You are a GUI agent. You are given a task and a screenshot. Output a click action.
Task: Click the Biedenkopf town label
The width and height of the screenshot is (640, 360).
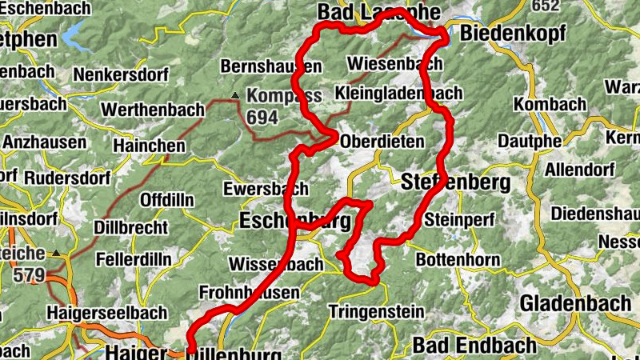click(513, 34)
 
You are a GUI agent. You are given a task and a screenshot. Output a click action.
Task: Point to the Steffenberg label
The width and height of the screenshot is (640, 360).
click(456, 182)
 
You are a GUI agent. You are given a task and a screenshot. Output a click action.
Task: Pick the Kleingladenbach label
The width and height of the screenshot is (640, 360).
click(398, 93)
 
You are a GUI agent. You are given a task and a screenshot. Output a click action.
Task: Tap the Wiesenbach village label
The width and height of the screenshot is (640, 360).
click(395, 63)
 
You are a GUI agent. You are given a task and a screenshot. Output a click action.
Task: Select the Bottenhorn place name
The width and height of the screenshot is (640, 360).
click(458, 260)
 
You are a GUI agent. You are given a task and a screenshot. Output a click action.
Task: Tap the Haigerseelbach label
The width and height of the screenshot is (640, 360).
click(107, 312)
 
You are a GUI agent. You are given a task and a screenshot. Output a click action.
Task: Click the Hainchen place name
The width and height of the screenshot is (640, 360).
click(149, 146)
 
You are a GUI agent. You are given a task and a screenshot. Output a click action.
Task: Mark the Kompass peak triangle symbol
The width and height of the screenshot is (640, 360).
click(234, 97)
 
